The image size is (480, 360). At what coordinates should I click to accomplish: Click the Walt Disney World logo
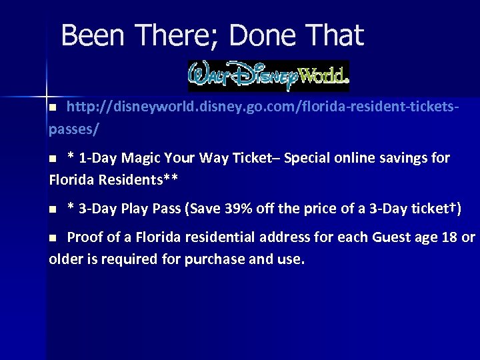pyautogui.click(x=269, y=76)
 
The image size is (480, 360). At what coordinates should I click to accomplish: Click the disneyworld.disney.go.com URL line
pyautogui.click(x=264, y=107)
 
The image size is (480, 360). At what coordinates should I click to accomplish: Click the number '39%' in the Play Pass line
pyautogui.click(x=242, y=209)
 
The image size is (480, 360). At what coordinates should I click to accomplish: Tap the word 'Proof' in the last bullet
pyautogui.click(x=85, y=237)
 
